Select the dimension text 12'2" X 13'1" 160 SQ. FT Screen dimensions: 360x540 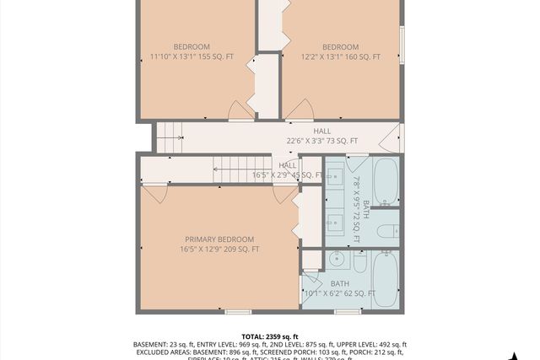[340, 57]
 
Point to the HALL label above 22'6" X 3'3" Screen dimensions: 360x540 [322, 132]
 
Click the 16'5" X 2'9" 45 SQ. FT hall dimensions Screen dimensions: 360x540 [288, 175]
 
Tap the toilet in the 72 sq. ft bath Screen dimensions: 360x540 [387, 232]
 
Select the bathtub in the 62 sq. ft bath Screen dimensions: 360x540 [386, 278]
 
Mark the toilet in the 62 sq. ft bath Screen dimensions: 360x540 [360, 264]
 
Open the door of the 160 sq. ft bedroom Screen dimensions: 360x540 [300, 110]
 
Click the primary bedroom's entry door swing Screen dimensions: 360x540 [154, 193]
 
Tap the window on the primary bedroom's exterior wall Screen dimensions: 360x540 [239, 311]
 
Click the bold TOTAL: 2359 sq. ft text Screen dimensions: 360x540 [269, 335]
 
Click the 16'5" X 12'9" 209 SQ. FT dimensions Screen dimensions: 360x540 [219, 250]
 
